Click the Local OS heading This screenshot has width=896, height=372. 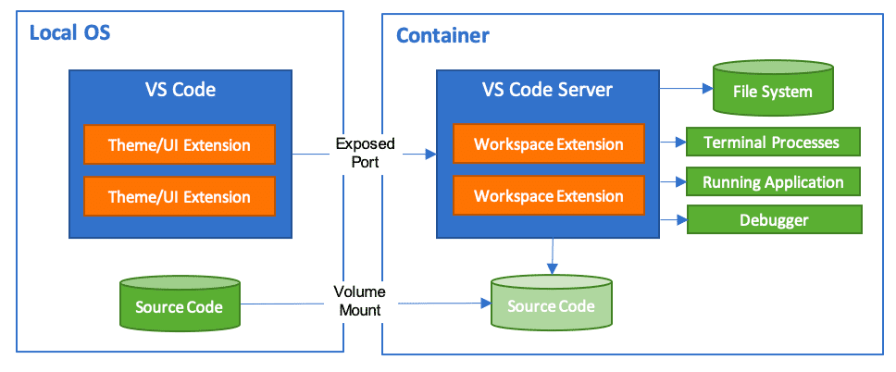click(70, 33)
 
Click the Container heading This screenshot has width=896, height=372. click(442, 36)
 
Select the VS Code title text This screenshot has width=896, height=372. click(180, 90)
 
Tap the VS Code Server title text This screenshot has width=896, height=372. click(546, 90)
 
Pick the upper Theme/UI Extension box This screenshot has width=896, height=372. click(180, 145)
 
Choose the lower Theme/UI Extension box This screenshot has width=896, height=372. click(180, 197)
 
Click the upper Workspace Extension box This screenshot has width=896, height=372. click(548, 144)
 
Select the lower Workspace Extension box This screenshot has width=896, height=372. click(548, 196)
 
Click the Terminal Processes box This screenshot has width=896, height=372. click(772, 143)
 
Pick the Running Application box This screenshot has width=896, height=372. click(772, 182)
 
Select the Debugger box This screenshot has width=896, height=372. click(774, 220)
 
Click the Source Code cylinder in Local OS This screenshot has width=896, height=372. click(179, 304)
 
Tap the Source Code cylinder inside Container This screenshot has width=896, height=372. click(550, 304)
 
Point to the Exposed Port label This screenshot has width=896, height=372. click(365, 152)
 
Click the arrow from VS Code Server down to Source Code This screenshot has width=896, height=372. click(553, 254)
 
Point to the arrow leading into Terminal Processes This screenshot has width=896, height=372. click(673, 143)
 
